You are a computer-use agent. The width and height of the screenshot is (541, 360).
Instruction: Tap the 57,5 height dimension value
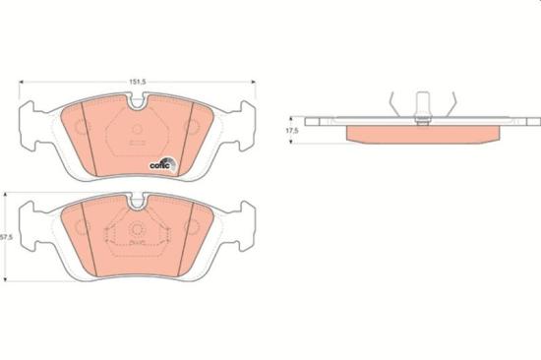coord(7,237)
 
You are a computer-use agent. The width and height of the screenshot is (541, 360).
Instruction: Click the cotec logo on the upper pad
coord(161,165)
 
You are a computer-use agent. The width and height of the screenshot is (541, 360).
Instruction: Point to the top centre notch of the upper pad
coord(137,99)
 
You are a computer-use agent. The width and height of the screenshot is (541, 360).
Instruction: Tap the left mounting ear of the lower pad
coord(31,225)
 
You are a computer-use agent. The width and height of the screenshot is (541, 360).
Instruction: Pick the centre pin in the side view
coord(422,105)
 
